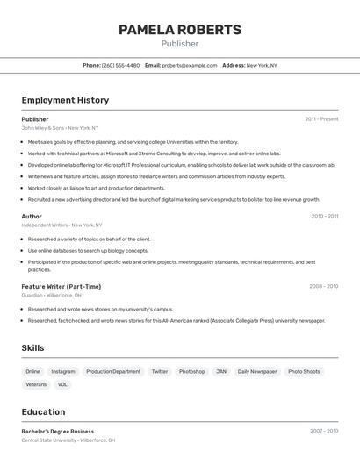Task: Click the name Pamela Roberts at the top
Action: pyautogui.click(x=180, y=30)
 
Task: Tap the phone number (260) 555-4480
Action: pyautogui.click(x=120, y=65)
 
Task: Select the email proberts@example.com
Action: pyautogui.click(x=190, y=65)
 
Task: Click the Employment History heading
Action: pyautogui.click(x=65, y=100)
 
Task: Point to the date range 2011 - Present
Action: pyautogui.click(x=321, y=119)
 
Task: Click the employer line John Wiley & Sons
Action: pyautogui.click(x=60, y=128)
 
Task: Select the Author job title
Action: pyautogui.click(x=32, y=216)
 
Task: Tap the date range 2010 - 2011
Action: pyautogui.click(x=324, y=216)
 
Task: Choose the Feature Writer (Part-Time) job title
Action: pyautogui.click(x=61, y=286)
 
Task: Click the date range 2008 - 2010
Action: pyautogui.click(x=323, y=286)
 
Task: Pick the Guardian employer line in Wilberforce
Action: pyautogui.click(x=51, y=296)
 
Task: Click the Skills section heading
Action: pyautogui.click(x=32, y=348)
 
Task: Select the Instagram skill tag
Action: pyautogui.click(x=63, y=371)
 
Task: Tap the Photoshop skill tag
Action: pyautogui.click(x=191, y=371)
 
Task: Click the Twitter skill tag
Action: pyautogui.click(x=160, y=371)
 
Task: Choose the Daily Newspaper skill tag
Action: pyautogui.click(x=257, y=371)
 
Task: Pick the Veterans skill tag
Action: pyautogui.click(x=36, y=384)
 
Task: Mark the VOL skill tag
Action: pyautogui.click(x=62, y=384)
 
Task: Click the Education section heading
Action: pyautogui.click(x=44, y=411)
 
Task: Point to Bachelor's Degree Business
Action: pyautogui.click(x=58, y=432)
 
